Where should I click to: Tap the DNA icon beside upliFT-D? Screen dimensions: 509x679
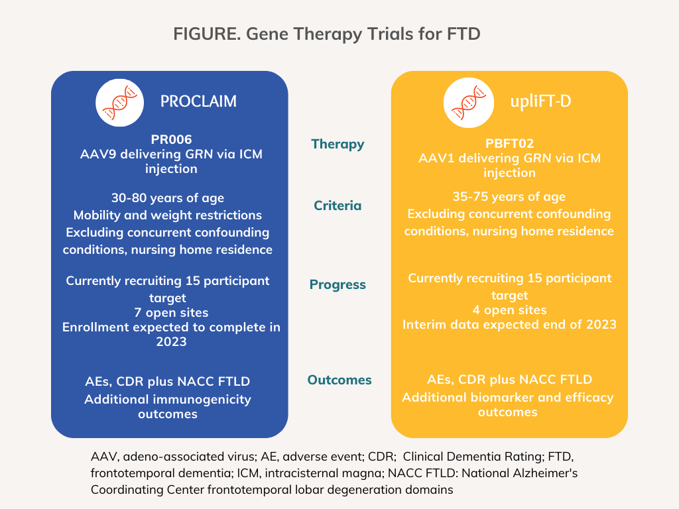(467, 101)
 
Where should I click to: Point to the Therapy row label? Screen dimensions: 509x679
(338, 144)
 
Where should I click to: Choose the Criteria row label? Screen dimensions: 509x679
(338, 205)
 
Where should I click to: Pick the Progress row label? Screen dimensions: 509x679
(338, 284)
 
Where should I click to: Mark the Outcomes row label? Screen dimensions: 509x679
(339, 380)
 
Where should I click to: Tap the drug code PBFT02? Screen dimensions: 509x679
(509, 143)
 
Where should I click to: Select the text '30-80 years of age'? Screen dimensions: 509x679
(168, 198)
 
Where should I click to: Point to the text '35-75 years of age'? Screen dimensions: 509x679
(509, 197)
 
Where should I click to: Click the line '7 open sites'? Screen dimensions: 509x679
(168, 312)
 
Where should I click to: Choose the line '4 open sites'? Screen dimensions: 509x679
(509, 310)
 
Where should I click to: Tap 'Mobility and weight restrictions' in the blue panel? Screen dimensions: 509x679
(168, 215)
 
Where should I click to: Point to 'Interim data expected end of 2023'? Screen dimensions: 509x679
(509, 324)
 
